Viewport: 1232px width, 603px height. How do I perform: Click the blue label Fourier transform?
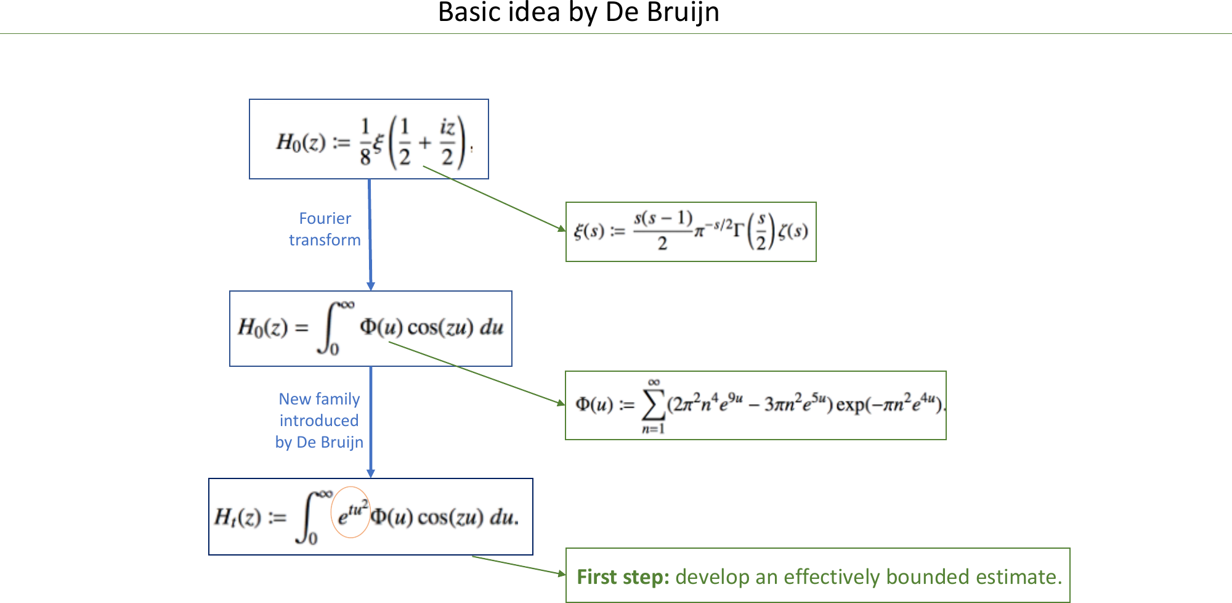tap(325, 229)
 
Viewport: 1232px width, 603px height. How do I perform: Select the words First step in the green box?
tap(622, 577)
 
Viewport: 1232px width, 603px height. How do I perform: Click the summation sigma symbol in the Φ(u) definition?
tap(653, 404)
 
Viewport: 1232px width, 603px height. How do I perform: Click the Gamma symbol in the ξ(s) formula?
tap(739, 231)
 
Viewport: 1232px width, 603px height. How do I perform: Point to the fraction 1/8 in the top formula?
tap(365, 142)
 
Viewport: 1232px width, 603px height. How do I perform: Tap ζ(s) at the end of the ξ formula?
tap(792, 231)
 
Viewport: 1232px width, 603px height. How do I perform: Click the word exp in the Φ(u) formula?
tap(850, 405)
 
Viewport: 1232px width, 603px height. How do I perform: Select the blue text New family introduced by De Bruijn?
tap(319, 420)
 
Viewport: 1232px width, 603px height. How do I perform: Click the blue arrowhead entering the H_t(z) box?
tap(371, 473)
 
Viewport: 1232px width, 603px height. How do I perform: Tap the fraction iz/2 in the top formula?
tap(447, 142)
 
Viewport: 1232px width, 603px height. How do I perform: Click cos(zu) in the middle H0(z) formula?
tap(440, 327)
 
